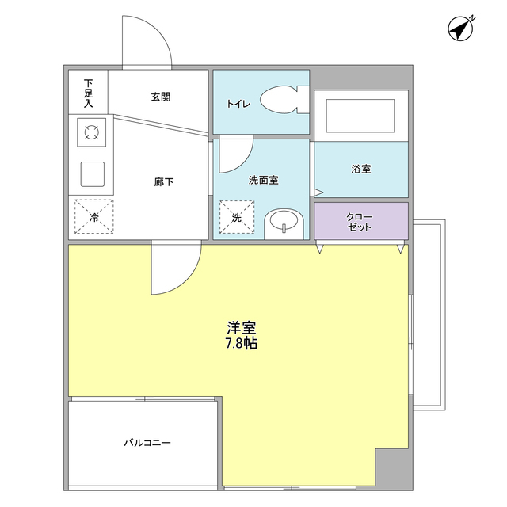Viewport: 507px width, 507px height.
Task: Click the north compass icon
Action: click(460, 29)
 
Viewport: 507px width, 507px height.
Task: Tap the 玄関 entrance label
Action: click(161, 97)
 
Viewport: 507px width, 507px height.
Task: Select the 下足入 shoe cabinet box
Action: click(88, 93)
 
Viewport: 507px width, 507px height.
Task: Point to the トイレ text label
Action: click(238, 103)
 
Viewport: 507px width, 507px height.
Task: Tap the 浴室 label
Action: click(361, 169)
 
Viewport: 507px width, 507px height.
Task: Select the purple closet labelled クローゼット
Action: click(361, 221)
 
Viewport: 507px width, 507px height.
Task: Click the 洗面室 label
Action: click(263, 180)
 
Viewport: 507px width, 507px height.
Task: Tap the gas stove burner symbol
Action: click(91, 132)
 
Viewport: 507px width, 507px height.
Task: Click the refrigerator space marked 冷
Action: click(93, 215)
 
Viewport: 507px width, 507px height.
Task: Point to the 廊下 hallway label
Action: click(164, 181)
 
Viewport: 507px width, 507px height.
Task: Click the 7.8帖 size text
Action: click(241, 343)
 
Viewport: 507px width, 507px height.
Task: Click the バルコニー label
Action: click(147, 442)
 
